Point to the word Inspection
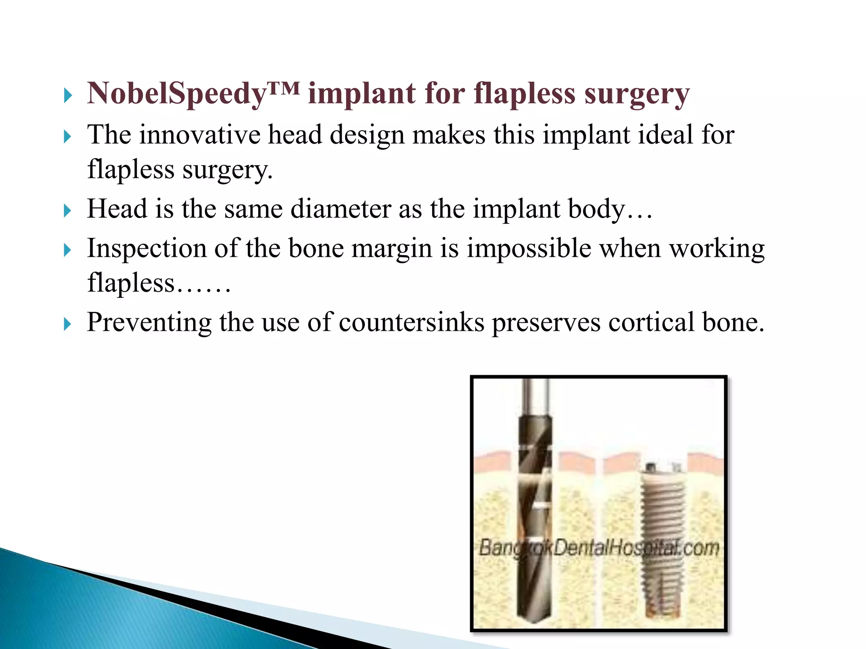[146, 248]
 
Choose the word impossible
[529, 248]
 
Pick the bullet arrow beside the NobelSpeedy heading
[68, 95]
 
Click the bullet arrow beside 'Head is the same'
[68, 211]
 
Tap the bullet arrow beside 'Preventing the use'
[68, 324]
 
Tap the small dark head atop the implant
[651, 467]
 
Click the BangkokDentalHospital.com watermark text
[599, 548]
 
